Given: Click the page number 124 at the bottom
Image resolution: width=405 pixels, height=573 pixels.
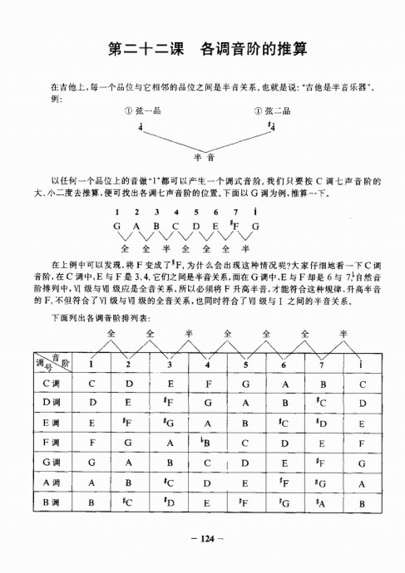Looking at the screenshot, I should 203,540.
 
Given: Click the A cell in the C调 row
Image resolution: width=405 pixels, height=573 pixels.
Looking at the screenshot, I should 283,384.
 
